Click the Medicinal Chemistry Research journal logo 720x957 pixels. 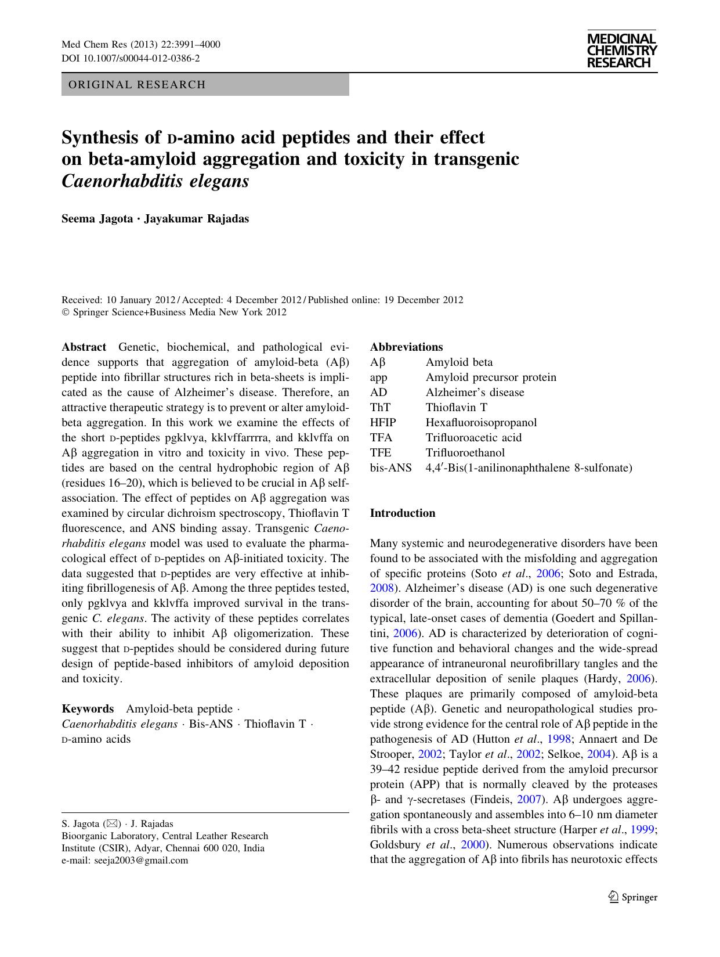coord(621,51)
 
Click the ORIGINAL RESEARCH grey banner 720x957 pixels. coord(205,85)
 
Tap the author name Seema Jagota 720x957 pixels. coord(97,219)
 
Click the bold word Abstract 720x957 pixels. coord(84,347)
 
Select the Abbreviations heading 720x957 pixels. coord(406,347)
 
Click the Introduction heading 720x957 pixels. coord(402,513)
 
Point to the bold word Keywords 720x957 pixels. coord(88,709)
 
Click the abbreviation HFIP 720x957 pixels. coord(383,423)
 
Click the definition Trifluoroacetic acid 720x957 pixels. coord(473,438)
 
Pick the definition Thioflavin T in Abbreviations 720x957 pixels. coord(457,408)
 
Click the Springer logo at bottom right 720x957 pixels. coord(632,897)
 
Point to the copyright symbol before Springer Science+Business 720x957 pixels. coord(65,312)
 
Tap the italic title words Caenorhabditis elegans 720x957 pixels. coord(155,181)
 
